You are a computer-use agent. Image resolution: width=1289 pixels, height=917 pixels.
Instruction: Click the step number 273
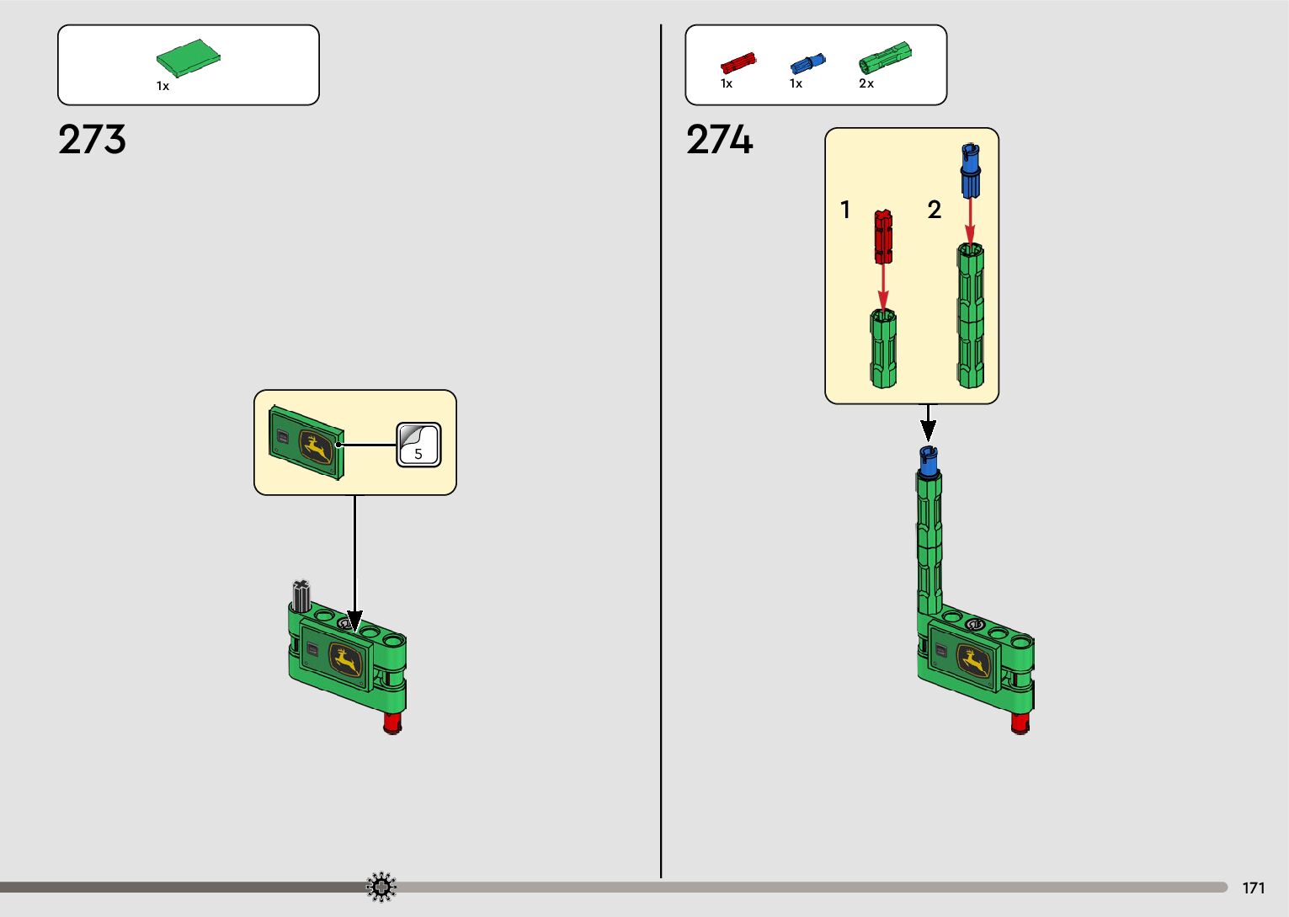point(92,140)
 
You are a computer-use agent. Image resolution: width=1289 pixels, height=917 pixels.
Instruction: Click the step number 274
point(719,140)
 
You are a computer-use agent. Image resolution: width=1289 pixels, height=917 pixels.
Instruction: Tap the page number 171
point(1253,888)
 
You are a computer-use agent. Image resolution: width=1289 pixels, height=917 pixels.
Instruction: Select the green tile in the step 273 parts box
point(188,58)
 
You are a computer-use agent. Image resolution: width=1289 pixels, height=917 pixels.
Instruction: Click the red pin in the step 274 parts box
point(738,63)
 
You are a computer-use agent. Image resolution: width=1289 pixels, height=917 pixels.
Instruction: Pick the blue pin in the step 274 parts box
point(807,63)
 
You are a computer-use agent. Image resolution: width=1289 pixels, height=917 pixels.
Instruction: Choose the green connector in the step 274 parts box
point(884,56)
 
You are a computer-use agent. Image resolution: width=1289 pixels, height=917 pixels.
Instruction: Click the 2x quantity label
point(866,83)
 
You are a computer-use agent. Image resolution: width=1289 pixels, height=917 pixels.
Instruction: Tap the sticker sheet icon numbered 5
point(418,445)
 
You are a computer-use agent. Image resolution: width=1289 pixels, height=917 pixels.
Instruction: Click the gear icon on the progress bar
point(381,887)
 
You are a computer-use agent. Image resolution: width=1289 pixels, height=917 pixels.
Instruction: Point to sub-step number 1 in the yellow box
point(845,210)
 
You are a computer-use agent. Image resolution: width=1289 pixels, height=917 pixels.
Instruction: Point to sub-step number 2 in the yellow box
point(934,210)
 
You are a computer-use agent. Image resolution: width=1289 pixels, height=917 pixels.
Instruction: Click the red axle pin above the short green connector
point(882,237)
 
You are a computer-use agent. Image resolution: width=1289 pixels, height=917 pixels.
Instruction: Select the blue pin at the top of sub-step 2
point(971,170)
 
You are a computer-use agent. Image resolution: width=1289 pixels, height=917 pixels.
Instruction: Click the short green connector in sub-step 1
point(882,349)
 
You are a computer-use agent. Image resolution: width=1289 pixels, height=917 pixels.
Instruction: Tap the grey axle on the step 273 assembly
point(301,594)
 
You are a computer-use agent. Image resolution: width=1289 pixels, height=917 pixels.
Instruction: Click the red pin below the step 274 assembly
point(1020,723)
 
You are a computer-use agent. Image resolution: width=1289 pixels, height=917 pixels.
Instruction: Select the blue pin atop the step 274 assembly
point(929,461)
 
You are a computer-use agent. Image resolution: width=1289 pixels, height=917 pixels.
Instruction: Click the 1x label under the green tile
point(162,86)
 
